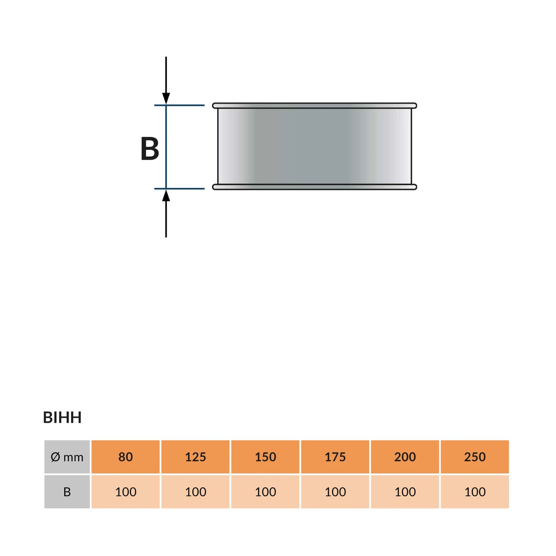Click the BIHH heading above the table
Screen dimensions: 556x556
tap(62, 417)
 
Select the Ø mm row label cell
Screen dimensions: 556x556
tap(67, 457)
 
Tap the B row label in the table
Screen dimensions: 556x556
tap(67, 492)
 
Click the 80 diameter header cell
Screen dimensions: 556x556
tap(126, 457)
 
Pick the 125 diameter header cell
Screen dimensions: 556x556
tap(195, 457)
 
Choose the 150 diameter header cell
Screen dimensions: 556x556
tap(265, 457)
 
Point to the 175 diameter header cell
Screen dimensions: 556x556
tap(335, 457)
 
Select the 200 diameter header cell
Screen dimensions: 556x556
tap(405, 457)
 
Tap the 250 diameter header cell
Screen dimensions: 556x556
tap(475, 457)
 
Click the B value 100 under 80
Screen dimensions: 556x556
tap(126, 492)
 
